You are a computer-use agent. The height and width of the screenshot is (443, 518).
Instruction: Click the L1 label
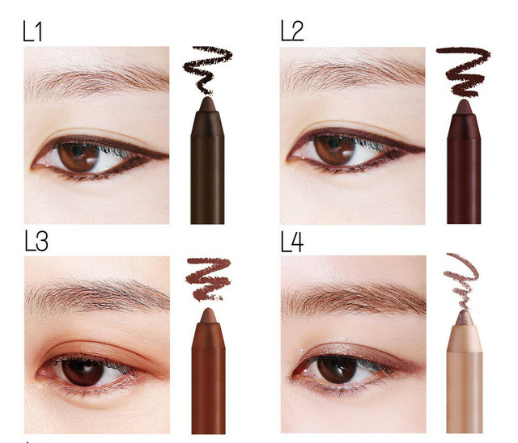33,32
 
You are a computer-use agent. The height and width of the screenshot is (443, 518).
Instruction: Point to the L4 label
292,242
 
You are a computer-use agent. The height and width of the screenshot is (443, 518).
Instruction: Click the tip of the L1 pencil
207,104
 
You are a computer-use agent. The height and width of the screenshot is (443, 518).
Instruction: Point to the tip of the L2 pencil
465,106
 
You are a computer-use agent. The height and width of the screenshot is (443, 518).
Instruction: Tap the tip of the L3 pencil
208,314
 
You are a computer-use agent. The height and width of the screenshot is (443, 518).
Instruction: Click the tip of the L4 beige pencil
464,316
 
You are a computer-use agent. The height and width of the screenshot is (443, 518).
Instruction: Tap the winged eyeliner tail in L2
409,149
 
